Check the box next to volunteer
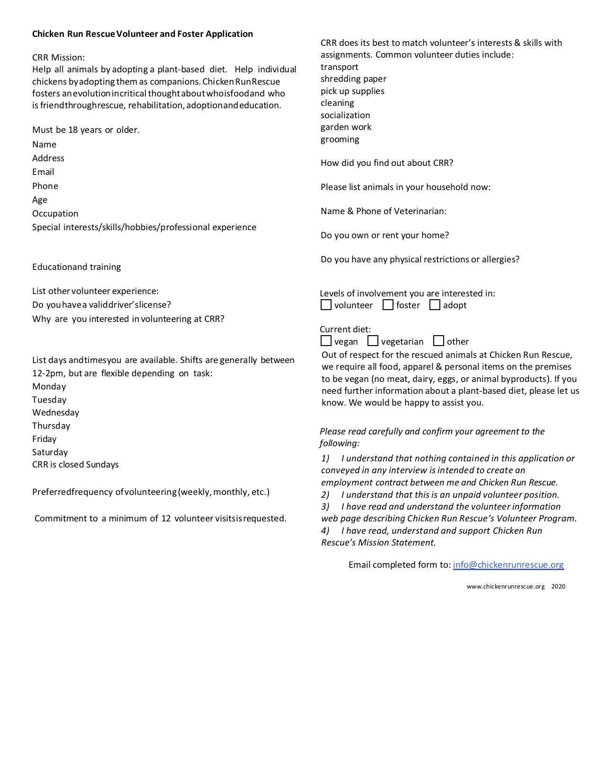tap(326, 305)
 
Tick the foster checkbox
tap(388, 305)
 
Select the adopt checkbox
tap(435, 305)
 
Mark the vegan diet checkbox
tap(326, 341)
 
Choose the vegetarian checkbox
tap(373, 341)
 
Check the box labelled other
tap(438, 341)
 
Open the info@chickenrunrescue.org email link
tap(508, 564)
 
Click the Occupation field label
tap(55, 214)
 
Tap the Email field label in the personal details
tap(43, 172)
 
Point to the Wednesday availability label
tap(56, 413)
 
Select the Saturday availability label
tap(50, 452)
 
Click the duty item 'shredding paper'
tap(353, 79)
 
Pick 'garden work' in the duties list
tap(346, 127)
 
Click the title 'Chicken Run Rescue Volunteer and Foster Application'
tap(142, 34)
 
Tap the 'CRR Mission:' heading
tap(59, 58)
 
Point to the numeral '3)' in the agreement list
tap(325, 507)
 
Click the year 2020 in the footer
tap(558, 587)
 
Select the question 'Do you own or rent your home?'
tap(385, 235)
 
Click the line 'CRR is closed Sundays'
tap(75, 465)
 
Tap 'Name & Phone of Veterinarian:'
tap(383, 211)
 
